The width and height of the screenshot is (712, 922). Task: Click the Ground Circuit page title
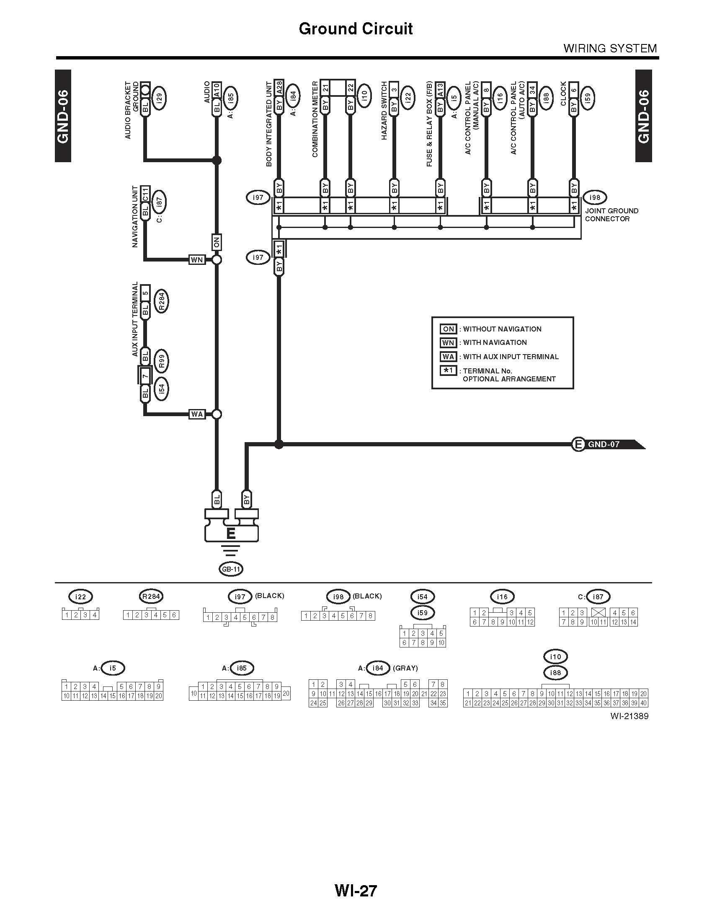(x=356, y=28)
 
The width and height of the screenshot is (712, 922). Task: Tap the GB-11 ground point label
(x=231, y=569)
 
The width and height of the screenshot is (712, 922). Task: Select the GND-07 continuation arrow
(x=607, y=444)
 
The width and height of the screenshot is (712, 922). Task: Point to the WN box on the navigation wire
(x=197, y=260)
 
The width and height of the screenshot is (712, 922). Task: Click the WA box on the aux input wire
(x=197, y=414)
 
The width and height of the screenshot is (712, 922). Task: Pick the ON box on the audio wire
(x=217, y=243)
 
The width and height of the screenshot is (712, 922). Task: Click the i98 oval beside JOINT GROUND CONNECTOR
(x=594, y=197)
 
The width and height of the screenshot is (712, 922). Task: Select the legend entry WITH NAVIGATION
(x=494, y=342)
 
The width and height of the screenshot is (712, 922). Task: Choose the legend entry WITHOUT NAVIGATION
(x=501, y=329)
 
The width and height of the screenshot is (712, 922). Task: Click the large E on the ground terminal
(x=231, y=533)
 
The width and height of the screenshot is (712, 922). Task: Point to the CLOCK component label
(x=563, y=93)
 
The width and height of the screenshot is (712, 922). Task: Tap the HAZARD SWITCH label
(x=384, y=111)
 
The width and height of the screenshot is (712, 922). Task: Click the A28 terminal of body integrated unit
(x=279, y=89)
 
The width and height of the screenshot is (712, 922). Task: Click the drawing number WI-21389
(x=629, y=716)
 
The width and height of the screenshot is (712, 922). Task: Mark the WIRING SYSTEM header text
(x=610, y=49)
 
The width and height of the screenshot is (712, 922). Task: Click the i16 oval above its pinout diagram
(x=502, y=596)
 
